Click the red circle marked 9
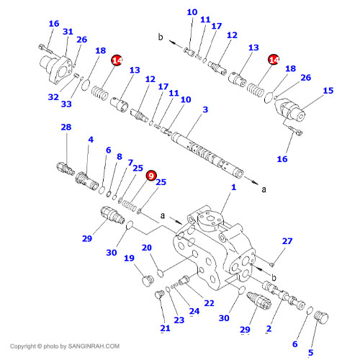click(x=151, y=176)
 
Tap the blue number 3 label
click(x=205, y=109)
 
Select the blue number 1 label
click(x=233, y=187)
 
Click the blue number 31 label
click(x=68, y=32)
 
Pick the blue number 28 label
click(x=66, y=127)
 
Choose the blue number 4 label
click(x=91, y=140)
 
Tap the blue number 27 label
click(x=287, y=241)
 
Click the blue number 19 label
click(x=129, y=258)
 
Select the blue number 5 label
click(x=311, y=352)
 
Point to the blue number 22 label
click(x=209, y=303)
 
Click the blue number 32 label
click(x=53, y=97)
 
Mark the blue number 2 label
click(x=269, y=328)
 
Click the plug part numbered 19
click(x=147, y=280)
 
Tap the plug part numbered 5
click(x=321, y=318)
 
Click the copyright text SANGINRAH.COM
click(x=94, y=346)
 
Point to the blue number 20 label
click(x=147, y=248)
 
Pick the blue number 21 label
click(x=165, y=328)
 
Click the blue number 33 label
click(x=66, y=104)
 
